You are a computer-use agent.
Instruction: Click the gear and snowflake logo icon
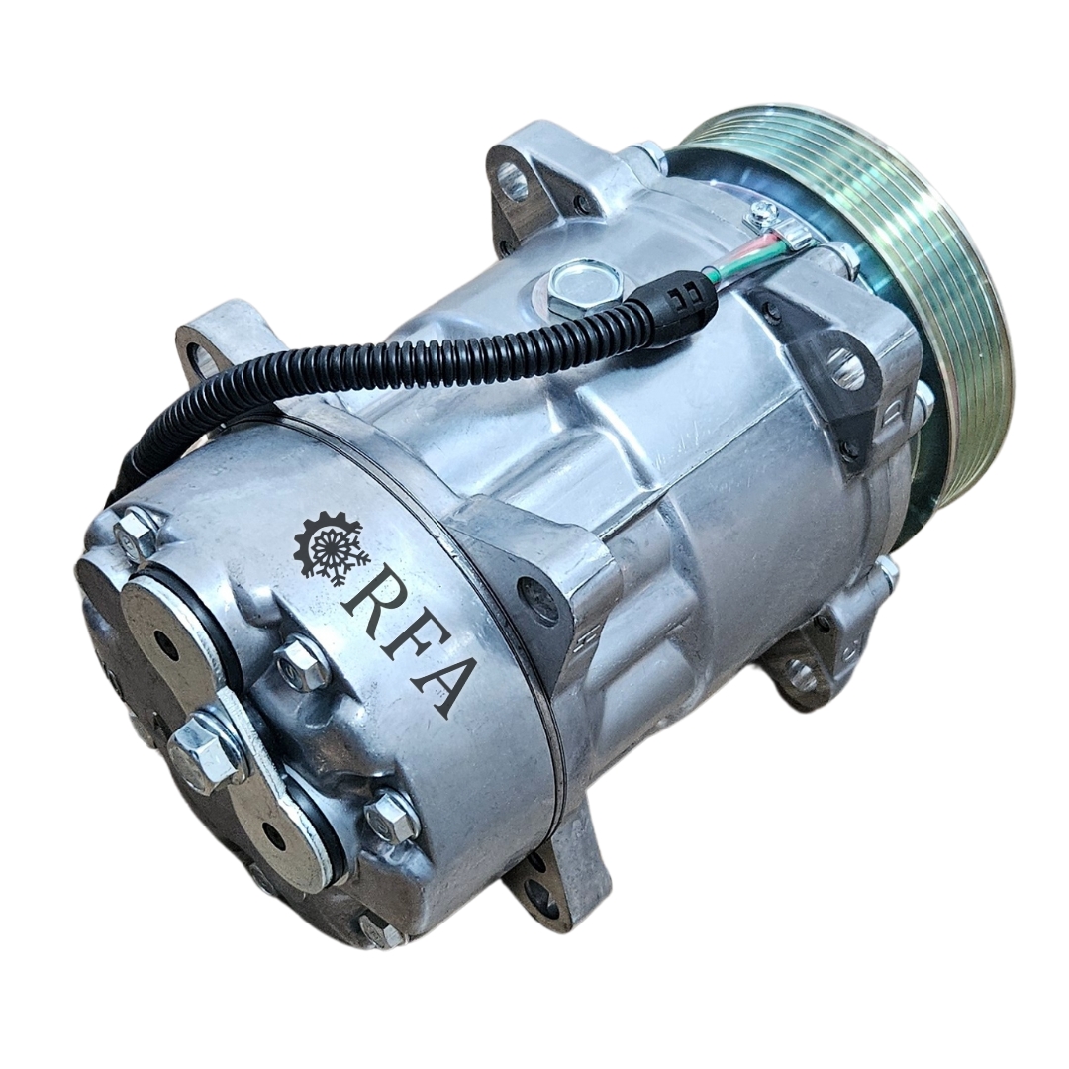[332, 548]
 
